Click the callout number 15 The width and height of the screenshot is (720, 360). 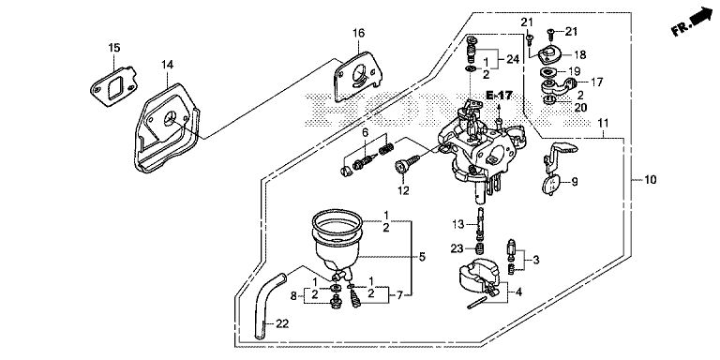(x=113, y=47)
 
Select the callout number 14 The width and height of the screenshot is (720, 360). (x=167, y=65)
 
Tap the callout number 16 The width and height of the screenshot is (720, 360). (x=359, y=33)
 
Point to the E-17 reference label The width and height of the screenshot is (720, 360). (x=500, y=96)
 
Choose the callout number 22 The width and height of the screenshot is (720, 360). (x=282, y=323)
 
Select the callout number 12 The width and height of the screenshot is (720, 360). (x=403, y=190)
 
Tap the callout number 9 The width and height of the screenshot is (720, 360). (x=574, y=182)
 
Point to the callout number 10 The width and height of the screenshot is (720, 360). (x=651, y=180)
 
